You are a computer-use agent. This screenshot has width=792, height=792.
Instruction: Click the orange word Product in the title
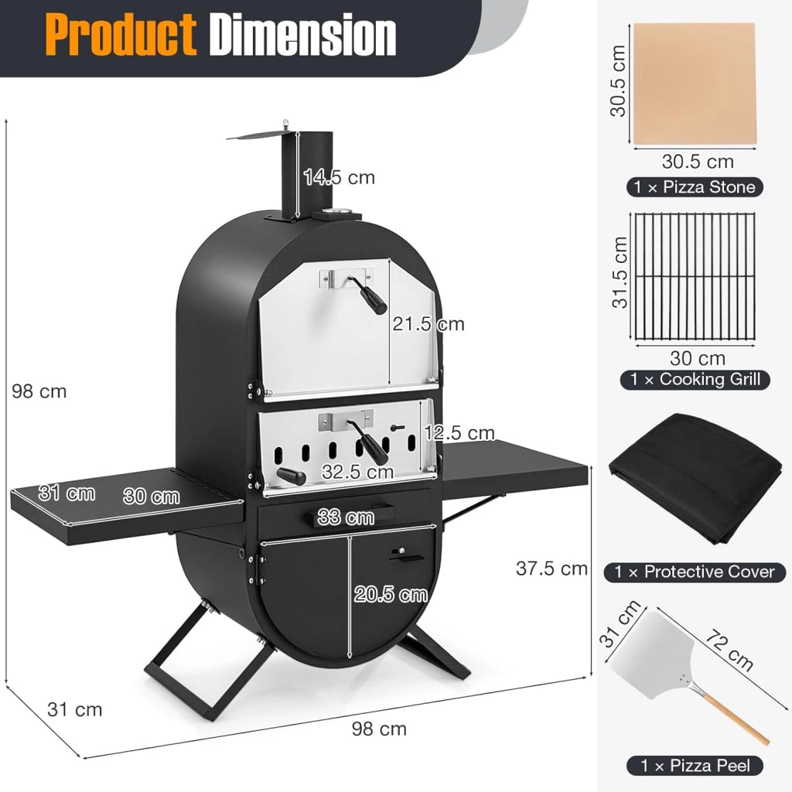pos(121,35)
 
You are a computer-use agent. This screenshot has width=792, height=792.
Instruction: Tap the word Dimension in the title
pos(302,35)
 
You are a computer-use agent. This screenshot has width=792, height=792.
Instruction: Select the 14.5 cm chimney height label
pos(339,177)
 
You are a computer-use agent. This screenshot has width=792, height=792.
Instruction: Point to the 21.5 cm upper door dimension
pos(428,324)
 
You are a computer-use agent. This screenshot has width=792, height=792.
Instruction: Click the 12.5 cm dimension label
pos(459,433)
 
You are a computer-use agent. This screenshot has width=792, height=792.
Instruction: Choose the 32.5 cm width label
pos(357,472)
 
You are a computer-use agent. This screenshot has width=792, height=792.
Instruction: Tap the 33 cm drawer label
pos(346,517)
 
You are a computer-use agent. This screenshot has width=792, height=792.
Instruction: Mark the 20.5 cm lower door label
pos(391,594)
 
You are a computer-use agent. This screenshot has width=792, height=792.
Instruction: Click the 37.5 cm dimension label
pos(551,568)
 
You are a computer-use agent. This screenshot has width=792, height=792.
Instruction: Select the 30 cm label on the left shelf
pos(151,496)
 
